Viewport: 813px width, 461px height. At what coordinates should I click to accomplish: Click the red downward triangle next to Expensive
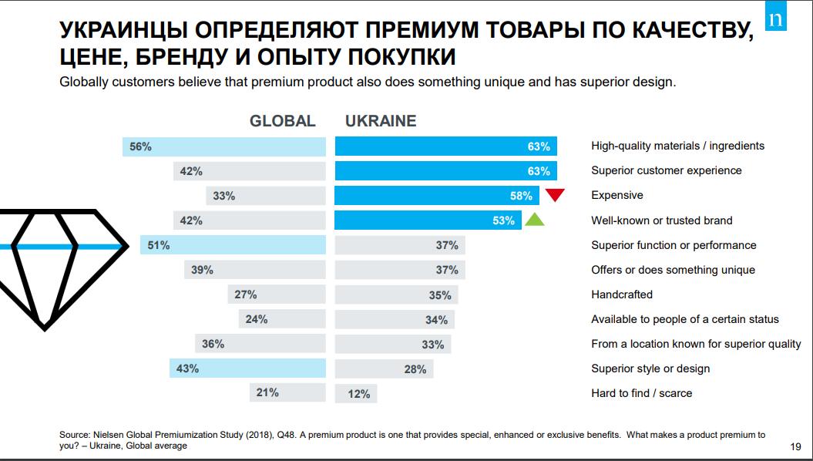point(555,194)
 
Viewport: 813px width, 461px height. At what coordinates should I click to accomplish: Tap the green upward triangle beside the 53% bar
point(535,220)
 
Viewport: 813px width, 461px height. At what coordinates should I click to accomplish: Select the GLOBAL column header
point(283,121)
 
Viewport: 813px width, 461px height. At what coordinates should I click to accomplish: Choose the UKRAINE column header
point(381,121)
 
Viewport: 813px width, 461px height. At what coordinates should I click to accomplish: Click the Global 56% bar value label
point(140,146)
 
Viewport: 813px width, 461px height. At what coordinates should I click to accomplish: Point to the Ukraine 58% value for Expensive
point(521,196)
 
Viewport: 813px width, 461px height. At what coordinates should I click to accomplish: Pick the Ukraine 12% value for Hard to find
point(359,394)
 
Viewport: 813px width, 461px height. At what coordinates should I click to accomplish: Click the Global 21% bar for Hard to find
point(287,393)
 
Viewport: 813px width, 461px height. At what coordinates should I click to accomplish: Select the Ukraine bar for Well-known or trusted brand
point(428,220)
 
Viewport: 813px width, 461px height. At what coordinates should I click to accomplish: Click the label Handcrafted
point(622,294)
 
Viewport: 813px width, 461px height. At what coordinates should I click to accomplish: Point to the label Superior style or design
point(650,368)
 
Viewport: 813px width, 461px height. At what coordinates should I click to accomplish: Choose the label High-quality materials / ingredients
point(677,146)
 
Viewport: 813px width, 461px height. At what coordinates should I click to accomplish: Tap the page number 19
point(796,446)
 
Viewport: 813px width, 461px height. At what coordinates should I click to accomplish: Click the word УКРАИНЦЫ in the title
point(126,32)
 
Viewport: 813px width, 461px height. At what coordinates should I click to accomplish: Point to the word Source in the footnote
point(76,436)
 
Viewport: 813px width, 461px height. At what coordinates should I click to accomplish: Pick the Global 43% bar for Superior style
point(247,368)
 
